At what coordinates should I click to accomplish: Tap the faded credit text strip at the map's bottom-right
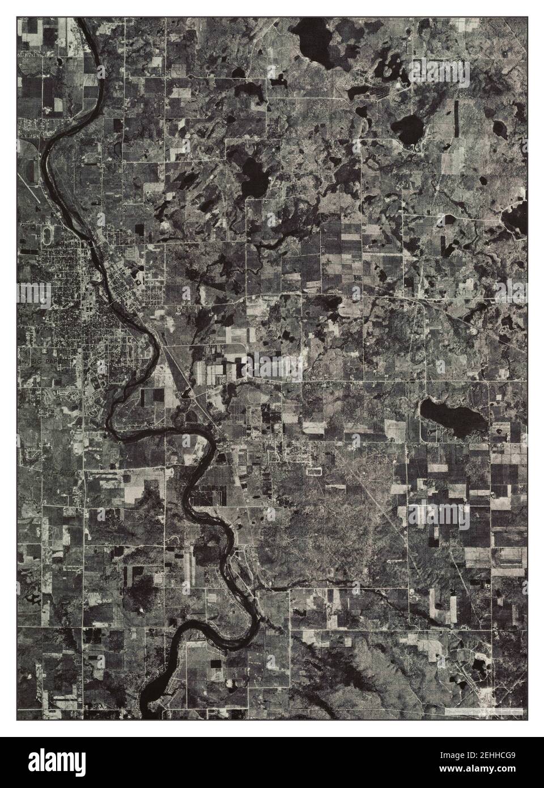point(482,710)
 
